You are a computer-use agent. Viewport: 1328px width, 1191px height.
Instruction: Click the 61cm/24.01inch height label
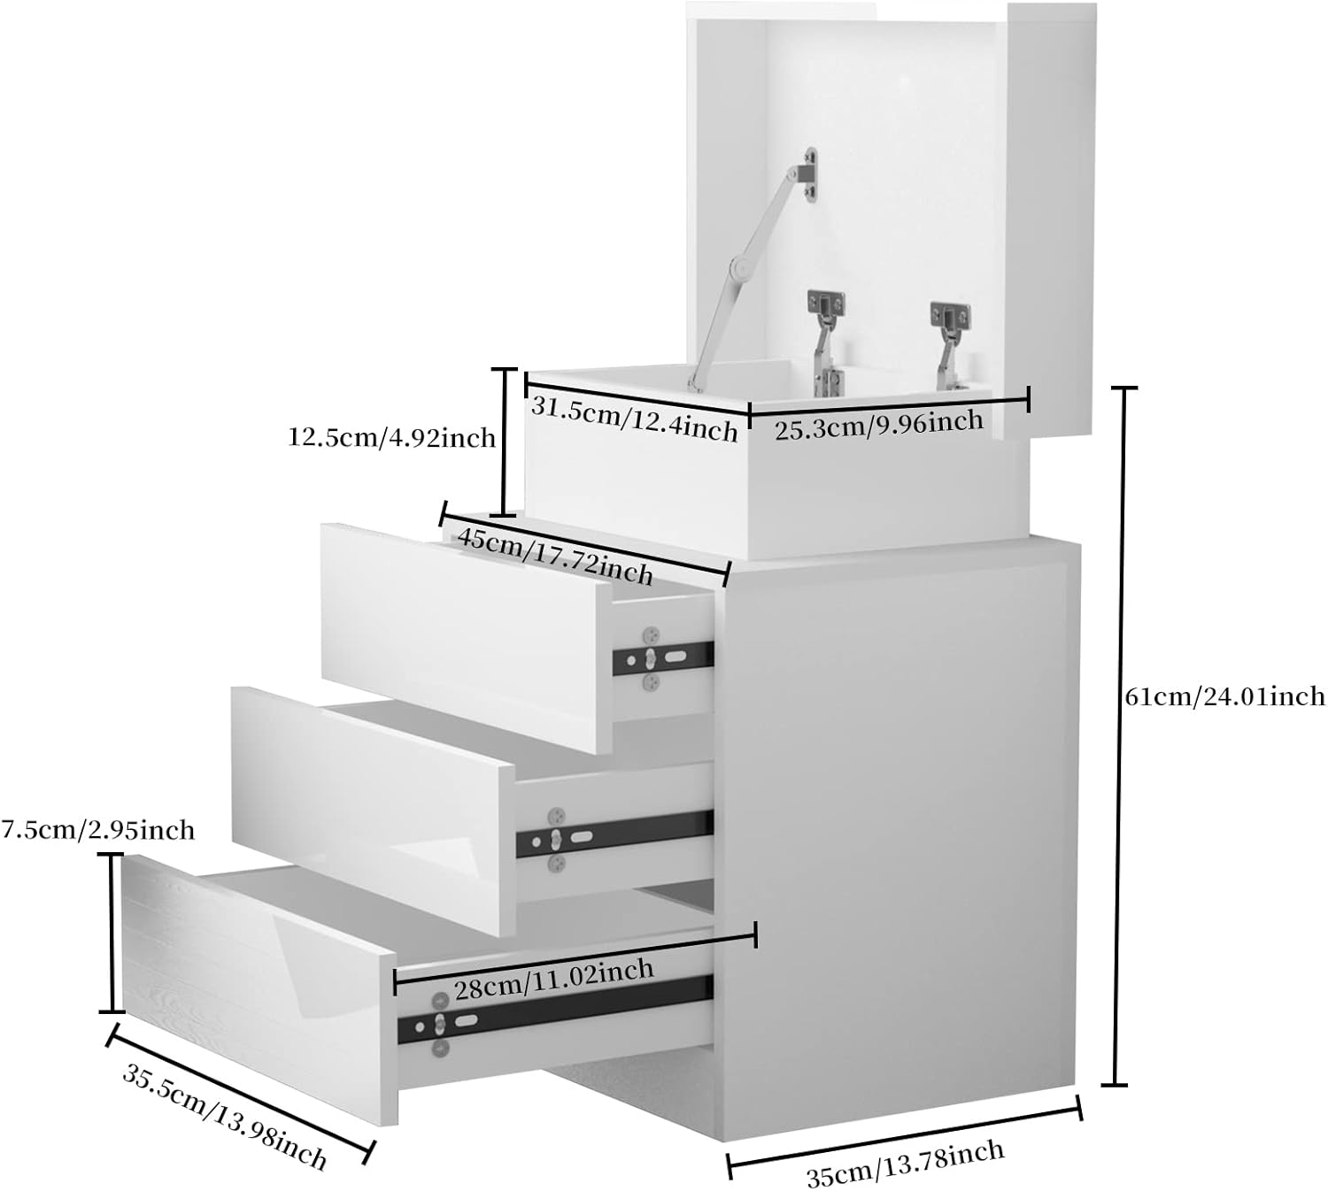click(1224, 695)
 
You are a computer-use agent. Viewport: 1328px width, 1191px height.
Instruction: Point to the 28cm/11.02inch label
click(554, 980)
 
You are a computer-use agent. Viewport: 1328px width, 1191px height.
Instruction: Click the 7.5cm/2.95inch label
click(98, 831)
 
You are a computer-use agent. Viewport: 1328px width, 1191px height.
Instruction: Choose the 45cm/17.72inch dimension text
click(554, 555)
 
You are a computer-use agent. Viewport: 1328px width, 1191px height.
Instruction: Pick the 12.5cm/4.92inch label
click(391, 438)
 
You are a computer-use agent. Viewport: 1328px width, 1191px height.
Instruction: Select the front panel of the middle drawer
click(374, 811)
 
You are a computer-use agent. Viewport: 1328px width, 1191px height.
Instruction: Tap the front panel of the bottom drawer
click(259, 989)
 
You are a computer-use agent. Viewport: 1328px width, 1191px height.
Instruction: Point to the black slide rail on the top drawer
click(663, 658)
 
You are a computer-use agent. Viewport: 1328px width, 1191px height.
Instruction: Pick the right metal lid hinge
click(950, 344)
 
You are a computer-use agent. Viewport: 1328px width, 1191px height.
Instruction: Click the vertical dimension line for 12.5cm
click(504, 442)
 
